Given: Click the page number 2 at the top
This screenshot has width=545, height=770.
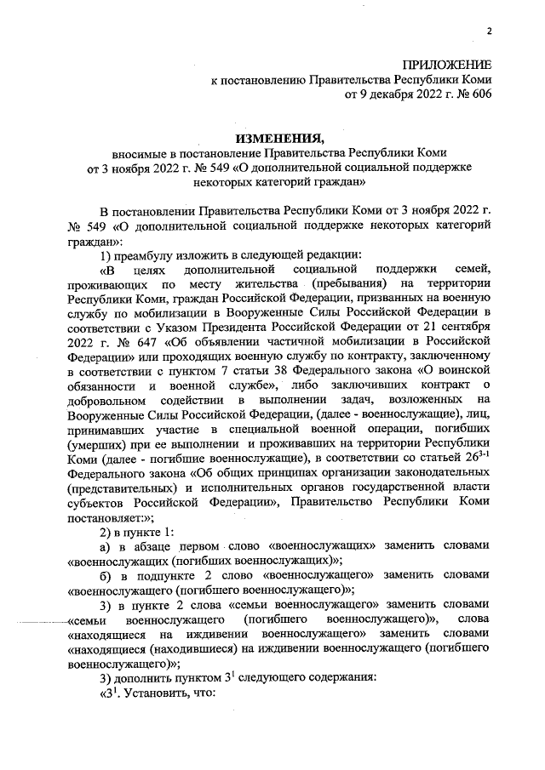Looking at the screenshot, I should click(x=490, y=31).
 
